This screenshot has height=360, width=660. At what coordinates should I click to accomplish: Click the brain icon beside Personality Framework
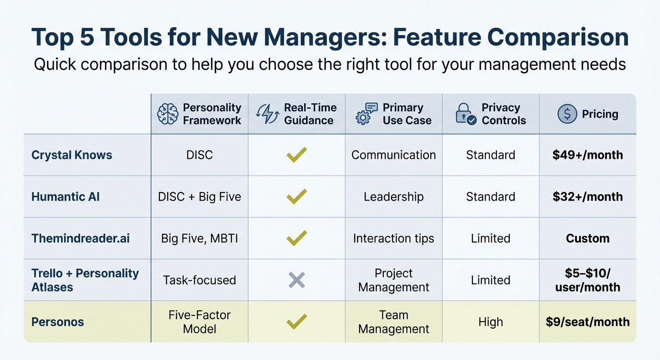click(x=168, y=114)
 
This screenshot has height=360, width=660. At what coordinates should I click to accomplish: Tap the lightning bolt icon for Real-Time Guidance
click(x=267, y=114)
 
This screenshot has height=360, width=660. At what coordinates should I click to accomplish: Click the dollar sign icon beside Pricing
click(x=567, y=114)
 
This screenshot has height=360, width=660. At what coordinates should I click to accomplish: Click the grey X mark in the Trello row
click(x=297, y=280)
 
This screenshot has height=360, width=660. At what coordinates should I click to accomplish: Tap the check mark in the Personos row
click(x=297, y=322)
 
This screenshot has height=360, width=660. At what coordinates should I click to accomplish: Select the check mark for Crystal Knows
click(x=297, y=155)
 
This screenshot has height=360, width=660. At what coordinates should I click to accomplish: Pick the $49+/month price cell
click(x=587, y=155)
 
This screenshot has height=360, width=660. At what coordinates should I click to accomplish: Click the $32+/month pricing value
click(x=587, y=196)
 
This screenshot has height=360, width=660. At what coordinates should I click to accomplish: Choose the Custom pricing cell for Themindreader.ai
click(x=587, y=238)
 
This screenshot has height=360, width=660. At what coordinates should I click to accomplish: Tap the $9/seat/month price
click(x=587, y=322)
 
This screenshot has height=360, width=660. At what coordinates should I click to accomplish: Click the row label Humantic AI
click(x=66, y=196)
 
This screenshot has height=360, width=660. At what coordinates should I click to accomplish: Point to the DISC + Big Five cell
click(x=200, y=196)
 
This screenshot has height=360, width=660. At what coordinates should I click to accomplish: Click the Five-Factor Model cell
click(x=200, y=322)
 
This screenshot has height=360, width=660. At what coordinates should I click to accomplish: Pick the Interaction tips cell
click(x=394, y=238)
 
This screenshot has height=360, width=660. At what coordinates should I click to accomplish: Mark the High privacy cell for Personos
click(x=490, y=322)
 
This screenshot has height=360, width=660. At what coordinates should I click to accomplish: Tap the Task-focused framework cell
click(x=200, y=280)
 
